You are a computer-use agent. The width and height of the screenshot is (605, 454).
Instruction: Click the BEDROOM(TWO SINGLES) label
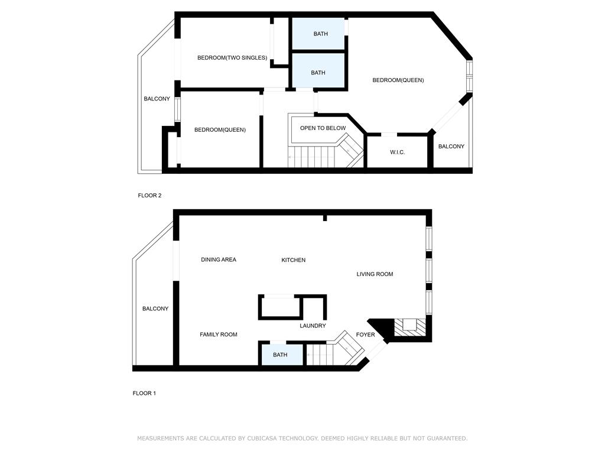coord(232,58)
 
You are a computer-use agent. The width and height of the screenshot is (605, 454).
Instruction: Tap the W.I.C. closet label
coord(398,153)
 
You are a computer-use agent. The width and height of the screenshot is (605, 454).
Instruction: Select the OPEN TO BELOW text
coord(323,128)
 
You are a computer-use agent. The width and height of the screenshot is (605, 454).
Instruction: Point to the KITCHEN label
coord(294,260)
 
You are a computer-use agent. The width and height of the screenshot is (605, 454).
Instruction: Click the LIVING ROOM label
coord(375,274)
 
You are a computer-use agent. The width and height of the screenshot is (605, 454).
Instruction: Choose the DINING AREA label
coord(219,260)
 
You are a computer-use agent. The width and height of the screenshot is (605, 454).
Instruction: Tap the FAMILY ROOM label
coord(219,335)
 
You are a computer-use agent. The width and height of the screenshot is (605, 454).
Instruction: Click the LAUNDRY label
coord(313,326)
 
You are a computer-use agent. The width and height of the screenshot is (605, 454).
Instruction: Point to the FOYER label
coord(365,335)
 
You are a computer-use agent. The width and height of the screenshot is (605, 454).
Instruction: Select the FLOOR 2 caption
coord(149,196)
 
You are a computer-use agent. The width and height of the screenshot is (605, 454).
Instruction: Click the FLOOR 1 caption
coord(144,393)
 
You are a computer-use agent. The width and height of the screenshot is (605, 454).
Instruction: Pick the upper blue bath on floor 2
coord(318,34)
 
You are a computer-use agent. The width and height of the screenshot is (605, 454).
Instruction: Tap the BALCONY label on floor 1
coord(155,309)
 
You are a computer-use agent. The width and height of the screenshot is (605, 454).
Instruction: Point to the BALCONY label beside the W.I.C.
coord(451,147)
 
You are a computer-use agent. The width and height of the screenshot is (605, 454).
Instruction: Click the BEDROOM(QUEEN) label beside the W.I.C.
coord(398,80)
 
